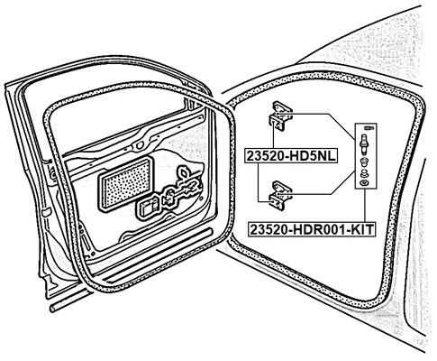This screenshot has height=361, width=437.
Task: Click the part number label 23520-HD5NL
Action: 291,156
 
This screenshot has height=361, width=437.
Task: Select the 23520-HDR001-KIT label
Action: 313,229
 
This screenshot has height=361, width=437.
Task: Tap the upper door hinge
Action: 280,116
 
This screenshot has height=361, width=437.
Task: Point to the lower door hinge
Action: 280,194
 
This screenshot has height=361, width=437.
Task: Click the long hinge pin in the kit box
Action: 364,143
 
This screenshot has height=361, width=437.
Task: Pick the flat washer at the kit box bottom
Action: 364,182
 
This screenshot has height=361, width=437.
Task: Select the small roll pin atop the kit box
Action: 368,128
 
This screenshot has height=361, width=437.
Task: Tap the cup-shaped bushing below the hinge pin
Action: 364,162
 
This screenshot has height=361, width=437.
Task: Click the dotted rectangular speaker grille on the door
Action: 126,183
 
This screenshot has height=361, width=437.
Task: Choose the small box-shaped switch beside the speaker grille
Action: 147,207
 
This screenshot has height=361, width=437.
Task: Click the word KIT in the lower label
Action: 362,229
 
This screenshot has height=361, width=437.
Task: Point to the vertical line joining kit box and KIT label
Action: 366,206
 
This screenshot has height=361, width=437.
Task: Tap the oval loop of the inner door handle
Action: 184,173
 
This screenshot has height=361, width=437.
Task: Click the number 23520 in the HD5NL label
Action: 265,156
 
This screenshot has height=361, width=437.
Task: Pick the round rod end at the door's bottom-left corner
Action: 52,309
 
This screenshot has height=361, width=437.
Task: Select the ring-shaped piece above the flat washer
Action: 364,173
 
